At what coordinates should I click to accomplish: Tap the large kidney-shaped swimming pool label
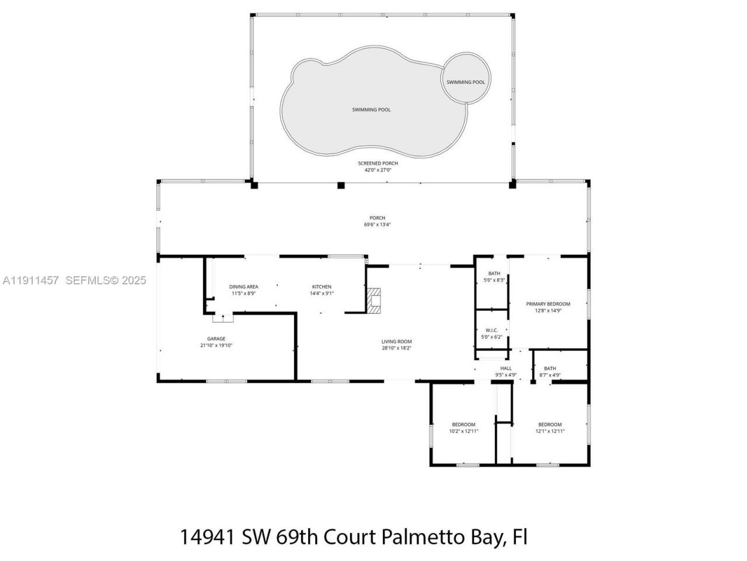(371, 110)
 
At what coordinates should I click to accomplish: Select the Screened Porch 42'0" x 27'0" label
(378, 167)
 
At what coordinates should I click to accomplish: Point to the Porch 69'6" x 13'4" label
(377, 221)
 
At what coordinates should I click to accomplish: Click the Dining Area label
(243, 290)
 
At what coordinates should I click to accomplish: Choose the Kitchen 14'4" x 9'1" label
(321, 290)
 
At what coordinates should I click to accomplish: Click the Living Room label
(396, 345)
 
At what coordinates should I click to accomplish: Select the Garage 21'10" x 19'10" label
(216, 342)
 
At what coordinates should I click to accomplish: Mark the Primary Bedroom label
(547, 307)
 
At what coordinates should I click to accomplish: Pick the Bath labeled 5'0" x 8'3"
(494, 277)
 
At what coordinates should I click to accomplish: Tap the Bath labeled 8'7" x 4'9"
(550, 372)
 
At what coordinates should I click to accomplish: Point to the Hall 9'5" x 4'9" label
(505, 372)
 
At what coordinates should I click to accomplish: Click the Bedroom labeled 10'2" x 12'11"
(463, 428)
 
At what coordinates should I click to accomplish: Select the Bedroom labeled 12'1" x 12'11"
(550, 428)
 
